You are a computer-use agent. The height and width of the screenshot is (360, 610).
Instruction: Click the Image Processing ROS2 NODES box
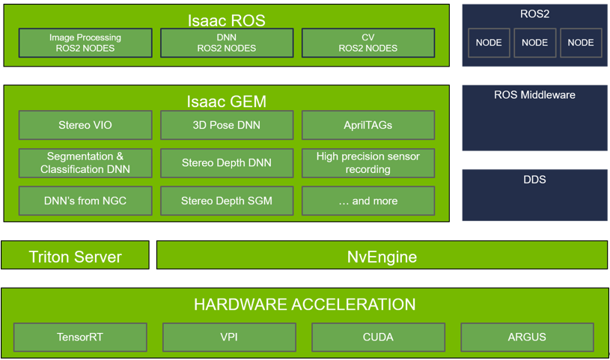click(85, 43)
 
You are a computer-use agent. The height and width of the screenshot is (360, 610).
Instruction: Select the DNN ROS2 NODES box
click(227, 43)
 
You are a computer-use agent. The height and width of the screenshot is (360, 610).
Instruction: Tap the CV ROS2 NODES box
click(368, 43)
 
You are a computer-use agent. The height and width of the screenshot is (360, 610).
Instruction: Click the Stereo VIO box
click(85, 125)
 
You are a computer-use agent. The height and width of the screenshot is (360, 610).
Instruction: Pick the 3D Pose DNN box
click(227, 125)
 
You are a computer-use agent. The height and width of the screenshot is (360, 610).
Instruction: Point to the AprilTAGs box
click(368, 125)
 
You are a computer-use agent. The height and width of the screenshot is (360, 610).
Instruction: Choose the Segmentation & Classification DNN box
click(85, 162)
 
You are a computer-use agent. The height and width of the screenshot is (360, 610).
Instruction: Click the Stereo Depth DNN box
click(227, 162)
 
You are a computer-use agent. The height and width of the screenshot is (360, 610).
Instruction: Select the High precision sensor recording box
click(368, 162)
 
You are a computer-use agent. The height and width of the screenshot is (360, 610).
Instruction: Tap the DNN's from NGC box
click(85, 201)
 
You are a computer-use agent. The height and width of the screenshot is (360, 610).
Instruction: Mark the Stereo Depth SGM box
click(227, 201)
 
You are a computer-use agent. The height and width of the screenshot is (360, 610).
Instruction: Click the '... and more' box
click(368, 201)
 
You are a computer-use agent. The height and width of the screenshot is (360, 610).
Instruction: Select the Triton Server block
click(75, 255)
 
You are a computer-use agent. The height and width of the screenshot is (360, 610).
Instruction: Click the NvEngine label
click(382, 257)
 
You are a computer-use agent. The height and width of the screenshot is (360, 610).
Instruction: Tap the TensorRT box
click(80, 337)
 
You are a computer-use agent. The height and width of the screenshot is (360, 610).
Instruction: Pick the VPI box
click(229, 337)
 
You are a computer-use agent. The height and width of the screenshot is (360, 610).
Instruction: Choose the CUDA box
click(378, 337)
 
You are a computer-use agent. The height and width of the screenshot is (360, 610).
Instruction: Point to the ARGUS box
click(527, 337)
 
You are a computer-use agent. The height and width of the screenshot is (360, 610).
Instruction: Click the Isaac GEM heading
click(227, 102)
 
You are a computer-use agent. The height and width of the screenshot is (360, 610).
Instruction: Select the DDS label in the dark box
click(534, 180)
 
